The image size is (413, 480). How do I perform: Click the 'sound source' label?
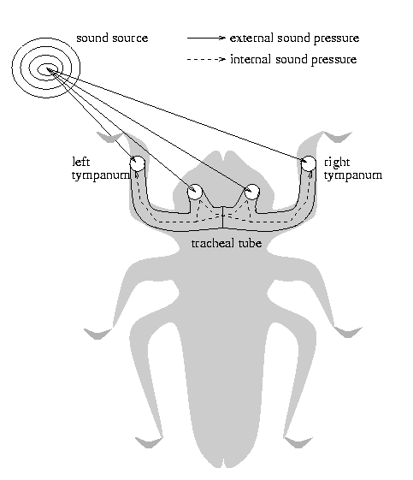pyautogui.click(x=112, y=39)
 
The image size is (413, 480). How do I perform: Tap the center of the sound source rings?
pyautogui.click(x=47, y=69)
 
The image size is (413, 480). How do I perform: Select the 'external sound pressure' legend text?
pyautogui.click(x=294, y=39)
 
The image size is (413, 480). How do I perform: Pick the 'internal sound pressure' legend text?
pyautogui.click(x=293, y=59)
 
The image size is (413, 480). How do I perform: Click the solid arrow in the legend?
pyautogui.click(x=206, y=38)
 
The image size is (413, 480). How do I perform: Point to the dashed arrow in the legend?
pyautogui.click(x=206, y=59)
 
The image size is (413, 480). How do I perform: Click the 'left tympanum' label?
pyautogui.click(x=101, y=169)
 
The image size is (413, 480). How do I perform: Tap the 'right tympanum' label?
pyautogui.click(x=353, y=169)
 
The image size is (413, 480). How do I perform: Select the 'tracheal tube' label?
pyautogui.click(x=227, y=243)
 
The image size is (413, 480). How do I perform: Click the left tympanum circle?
pyautogui.click(x=137, y=163)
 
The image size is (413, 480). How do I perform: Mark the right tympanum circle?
pyautogui.click(x=309, y=163)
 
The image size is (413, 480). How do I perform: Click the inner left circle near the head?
pyautogui.click(x=195, y=192)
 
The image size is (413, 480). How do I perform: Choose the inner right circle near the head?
pyautogui.click(x=251, y=192)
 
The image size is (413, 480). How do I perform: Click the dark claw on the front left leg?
pyautogui.click(x=109, y=138)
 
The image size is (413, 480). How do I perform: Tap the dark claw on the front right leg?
pyautogui.click(x=338, y=137)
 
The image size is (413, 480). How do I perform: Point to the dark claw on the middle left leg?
pyautogui.click(x=97, y=334)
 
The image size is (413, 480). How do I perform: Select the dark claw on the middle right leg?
pyautogui.click(x=348, y=332)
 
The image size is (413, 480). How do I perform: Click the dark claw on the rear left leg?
pyautogui.click(x=149, y=443)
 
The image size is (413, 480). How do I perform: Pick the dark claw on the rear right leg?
pyautogui.click(x=298, y=443)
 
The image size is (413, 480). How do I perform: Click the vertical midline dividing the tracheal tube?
pyautogui.click(x=222, y=217)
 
